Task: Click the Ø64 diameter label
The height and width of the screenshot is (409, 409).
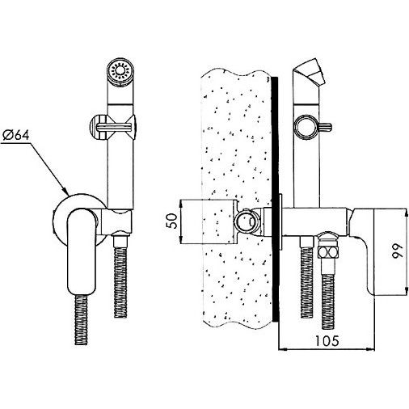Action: coord(16,135)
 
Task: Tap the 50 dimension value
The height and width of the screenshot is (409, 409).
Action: coord(173,221)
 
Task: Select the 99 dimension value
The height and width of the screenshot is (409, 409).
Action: coord(398,251)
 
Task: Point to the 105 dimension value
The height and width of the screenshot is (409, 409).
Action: coord(327,341)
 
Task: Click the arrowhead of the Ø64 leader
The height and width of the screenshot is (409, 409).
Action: coord(65,191)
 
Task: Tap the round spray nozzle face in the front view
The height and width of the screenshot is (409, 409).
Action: coord(120,72)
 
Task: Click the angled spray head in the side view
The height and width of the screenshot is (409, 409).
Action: coord(309,71)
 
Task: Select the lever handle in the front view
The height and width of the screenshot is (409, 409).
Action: coord(81,252)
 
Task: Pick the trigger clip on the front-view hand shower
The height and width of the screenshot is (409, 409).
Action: coord(113,128)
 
